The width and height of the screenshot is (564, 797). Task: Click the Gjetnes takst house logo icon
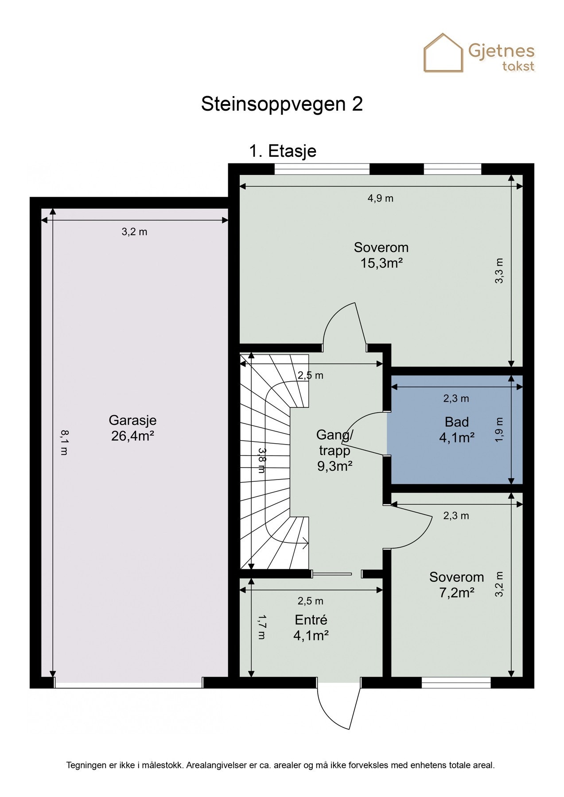[443, 53]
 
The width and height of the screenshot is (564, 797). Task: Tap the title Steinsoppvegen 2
[282, 104]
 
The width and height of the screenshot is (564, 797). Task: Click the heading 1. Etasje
[282, 151]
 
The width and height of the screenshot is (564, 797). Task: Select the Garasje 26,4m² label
[132, 428]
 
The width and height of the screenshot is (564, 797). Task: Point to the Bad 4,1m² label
[457, 430]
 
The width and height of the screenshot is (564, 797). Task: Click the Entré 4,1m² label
[311, 628]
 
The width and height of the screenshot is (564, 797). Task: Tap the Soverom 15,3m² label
[381, 255]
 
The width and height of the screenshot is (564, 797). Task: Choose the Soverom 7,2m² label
[456, 585]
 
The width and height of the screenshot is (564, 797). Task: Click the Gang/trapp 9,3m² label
[335, 450]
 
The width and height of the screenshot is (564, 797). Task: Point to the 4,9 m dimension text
[381, 198]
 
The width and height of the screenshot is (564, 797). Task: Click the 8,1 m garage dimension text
[64, 442]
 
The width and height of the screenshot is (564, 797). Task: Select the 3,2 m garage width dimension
[134, 232]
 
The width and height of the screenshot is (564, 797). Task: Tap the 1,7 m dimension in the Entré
[261, 627]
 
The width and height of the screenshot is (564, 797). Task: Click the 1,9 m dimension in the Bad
[499, 430]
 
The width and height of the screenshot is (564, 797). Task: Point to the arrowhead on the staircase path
[305, 542]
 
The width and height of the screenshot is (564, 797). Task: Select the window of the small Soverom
[456, 683]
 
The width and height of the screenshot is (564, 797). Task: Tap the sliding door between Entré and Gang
[332, 574]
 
